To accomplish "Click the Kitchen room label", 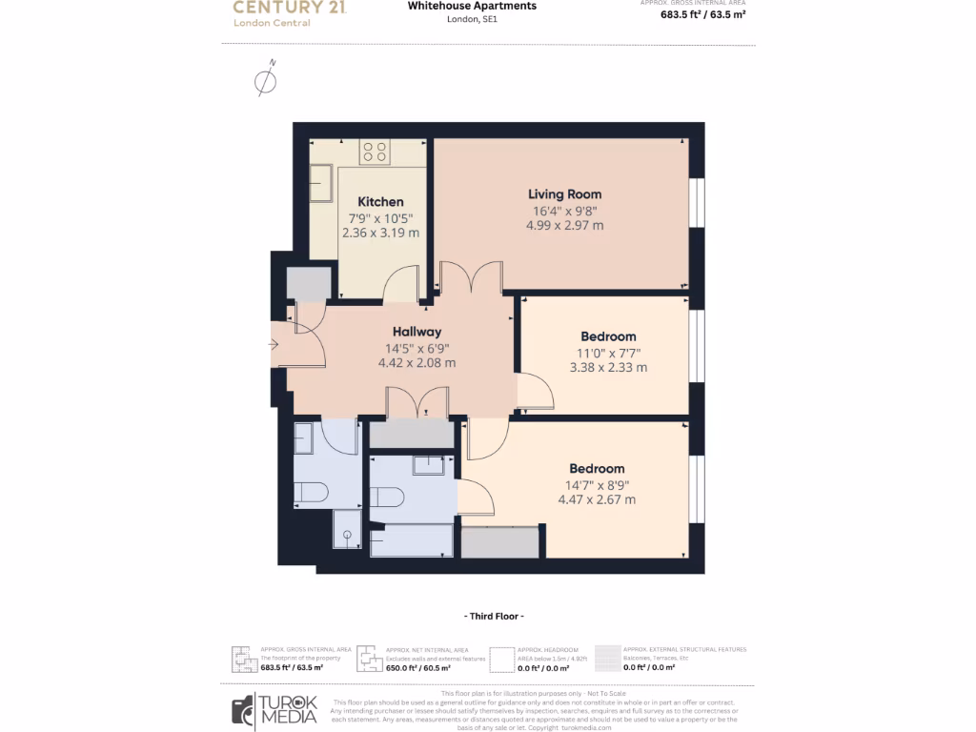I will (x=380, y=201).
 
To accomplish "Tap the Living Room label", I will (x=565, y=194).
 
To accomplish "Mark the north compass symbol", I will (x=267, y=80).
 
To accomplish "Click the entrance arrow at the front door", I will (x=274, y=344).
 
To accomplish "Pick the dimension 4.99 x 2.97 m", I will (x=565, y=226).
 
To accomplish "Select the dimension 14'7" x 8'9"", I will (x=597, y=484).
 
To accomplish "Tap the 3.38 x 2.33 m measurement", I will (x=608, y=367).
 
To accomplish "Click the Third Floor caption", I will (x=492, y=616).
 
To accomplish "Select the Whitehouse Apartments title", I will (x=472, y=6).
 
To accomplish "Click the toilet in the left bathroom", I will (x=312, y=492).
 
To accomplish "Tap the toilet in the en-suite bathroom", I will (x=387, y=498).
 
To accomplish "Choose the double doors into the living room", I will (x=470, y=278).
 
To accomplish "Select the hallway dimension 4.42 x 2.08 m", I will (x=417, y=363).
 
